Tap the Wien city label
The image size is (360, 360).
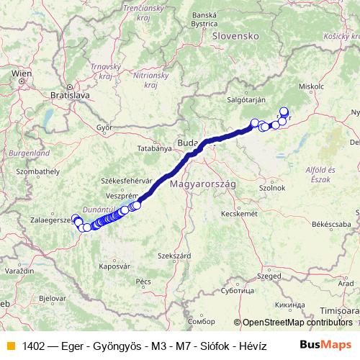[22, 73]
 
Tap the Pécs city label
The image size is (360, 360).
[143, 280]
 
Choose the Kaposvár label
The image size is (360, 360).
[114, 266]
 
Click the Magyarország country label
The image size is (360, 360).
[203, 184]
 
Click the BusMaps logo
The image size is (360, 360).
[325, 346]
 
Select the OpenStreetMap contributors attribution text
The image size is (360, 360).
[297, 323]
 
